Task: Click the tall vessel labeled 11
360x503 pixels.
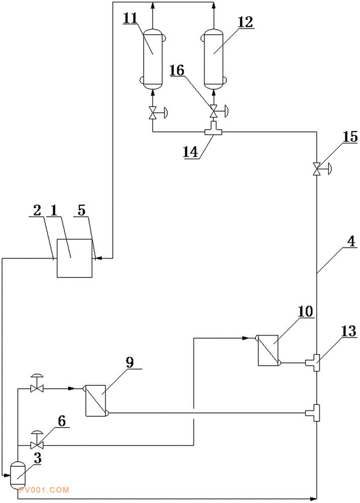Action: point(153,59)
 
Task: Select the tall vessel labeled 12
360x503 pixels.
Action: point(214,59)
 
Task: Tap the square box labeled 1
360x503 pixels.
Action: point(75,258)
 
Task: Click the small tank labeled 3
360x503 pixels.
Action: point(18,475)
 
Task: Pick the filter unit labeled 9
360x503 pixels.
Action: point(96,400)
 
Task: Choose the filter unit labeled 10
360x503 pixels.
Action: point(268,350)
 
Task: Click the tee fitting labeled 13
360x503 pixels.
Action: point(313,363)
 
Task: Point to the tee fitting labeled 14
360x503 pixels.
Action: point(214,128)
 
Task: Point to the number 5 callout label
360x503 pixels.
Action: point(82,210)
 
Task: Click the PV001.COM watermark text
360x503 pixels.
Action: point(44,490)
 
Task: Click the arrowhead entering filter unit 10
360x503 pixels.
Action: point(245,338)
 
